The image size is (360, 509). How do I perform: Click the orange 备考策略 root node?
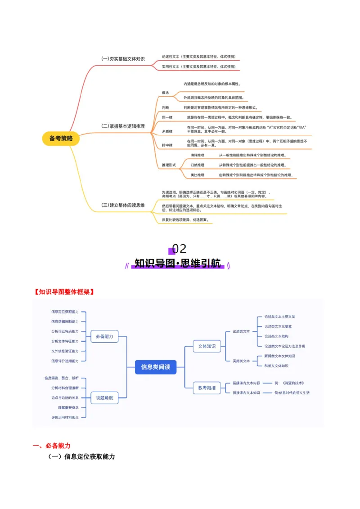coord(61,138)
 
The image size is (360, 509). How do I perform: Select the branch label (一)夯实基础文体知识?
coord(123,59)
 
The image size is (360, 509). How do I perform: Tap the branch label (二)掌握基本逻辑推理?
coord(123,126)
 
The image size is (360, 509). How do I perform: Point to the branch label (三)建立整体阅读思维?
coord(123,205)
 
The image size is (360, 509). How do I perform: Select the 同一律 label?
coord(166,117)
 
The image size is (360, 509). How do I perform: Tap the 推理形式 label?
coord(169,165)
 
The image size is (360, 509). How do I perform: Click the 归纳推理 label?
coord(197,165)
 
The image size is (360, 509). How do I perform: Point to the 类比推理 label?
coord(197,175)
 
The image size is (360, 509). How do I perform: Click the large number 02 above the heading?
coord(179,249)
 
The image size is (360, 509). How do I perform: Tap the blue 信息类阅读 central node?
coord(155,367)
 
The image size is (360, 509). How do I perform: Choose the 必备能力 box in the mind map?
coord(104,336)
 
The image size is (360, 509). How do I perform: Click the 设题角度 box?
coord(104,397)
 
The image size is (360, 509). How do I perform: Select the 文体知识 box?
coord(207,346)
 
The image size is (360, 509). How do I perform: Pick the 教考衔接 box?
coord(207,388)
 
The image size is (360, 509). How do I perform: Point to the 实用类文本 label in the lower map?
coord(241,361)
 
